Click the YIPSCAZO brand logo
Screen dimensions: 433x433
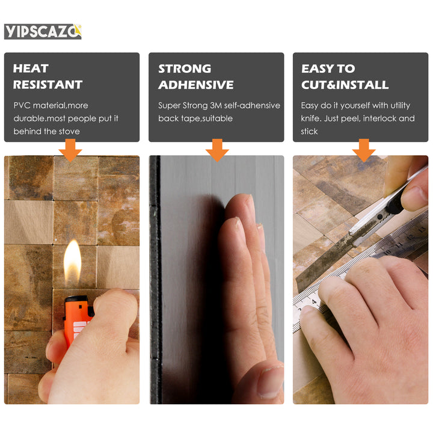point(42,31)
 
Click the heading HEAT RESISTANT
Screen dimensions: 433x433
point(48,76)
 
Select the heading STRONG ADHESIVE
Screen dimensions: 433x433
point(195,76)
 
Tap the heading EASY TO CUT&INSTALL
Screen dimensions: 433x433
point(345,76)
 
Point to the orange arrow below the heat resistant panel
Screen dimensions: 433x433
point(71,149)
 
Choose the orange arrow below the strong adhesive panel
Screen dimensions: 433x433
point(216,149)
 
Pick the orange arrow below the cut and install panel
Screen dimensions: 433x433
point(364,149)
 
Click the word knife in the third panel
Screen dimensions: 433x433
point(310,118)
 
